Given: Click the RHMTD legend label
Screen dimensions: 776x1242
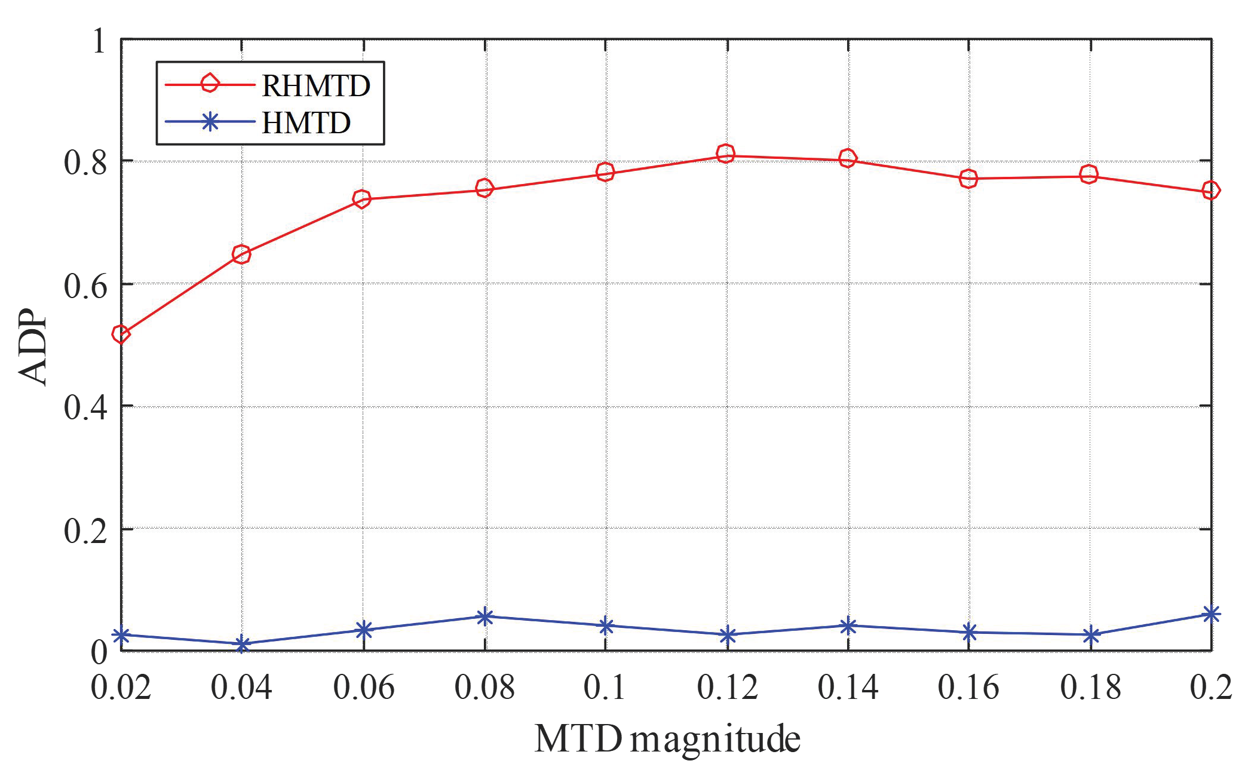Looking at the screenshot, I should pyautogui.click(x=316, y=86).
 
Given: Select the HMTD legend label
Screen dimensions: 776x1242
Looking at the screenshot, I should pyautogui.click(x=306, y=122).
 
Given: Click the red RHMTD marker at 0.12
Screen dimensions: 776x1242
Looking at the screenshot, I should pyautogui.click(x=726, y=154).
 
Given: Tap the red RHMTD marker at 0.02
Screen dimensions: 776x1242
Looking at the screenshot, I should pyautogui.click(x=121, y=334).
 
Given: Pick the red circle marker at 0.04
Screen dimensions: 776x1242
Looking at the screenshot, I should pyautogui.click(x=241, y=254).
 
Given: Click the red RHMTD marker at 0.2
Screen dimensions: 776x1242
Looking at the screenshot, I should pyautogui.click(x=1210, y=191).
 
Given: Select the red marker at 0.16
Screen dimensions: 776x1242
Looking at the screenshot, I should pyautogui.click(x=968, y=178).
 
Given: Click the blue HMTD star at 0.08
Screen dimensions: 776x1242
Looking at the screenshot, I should pyautogui.click(x=484, y=616).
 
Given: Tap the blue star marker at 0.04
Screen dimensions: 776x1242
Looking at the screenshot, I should pyautogui.click(x=242, y=645).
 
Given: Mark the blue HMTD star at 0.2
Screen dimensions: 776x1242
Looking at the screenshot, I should pyautogui.click(x=1210, y=614).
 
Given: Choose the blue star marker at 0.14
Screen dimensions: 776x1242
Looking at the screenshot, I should pyautogui.click(x=848, y=626).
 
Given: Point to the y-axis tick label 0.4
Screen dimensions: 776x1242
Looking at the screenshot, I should pyautogui.click(x=85, y=407).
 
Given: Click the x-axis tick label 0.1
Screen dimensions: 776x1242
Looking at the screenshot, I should pyautogui.click(x=604, y=687).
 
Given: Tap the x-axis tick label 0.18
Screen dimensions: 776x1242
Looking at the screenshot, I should pyautogui.click(x=1090, y=687).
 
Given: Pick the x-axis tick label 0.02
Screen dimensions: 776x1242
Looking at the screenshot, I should pyautogui.click(x=121, y=687).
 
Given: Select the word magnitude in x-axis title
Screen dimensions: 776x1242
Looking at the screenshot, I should pyautogui.click(x=715, y=740).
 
